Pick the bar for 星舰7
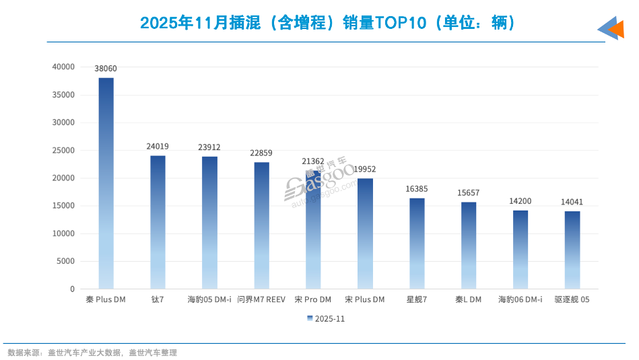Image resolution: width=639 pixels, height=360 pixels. (x=417, y=244)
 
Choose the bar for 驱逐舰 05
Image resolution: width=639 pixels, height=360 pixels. (x=572, y=250)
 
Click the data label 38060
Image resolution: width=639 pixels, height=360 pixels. (x=106, y=69)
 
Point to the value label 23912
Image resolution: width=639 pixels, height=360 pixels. (x=209, y=147)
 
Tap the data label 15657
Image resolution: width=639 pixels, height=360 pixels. (x=469, y=193)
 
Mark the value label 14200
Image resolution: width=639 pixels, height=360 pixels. (x=520, y=201)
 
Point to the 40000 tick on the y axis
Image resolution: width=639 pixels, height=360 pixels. (x=63, y=67)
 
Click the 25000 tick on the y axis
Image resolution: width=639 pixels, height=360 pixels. (x=63, y=150)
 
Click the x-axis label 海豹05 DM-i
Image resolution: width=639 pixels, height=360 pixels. (x=209, y=299)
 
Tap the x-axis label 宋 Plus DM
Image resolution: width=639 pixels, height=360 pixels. (x=365, y=299)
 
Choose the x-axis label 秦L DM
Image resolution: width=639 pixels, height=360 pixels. (x=469, y=299)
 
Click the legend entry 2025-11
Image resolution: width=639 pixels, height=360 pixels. (x=326, y=318)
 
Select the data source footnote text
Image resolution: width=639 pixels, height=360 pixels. (x=92, y=353)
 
